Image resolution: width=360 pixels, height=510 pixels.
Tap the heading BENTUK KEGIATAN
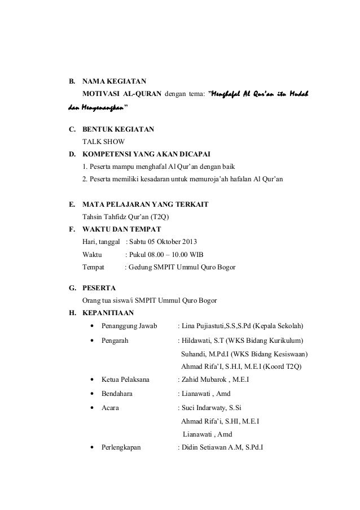117,129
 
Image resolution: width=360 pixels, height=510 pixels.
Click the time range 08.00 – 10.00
172,254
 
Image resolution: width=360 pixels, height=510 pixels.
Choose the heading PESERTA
99,287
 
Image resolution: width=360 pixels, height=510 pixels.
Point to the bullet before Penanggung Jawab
91,326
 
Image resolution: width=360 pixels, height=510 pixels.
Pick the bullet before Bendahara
91,394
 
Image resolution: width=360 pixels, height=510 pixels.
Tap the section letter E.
72,204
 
